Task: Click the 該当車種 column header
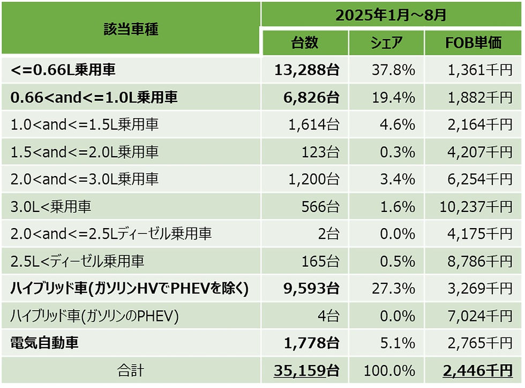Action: coord(131,30)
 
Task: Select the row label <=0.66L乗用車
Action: coord(63,69)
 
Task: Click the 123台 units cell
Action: coord(319,152)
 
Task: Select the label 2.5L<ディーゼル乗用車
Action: coord(77,261)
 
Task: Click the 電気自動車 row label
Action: coord(44,343)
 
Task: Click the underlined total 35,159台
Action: coord(306,371)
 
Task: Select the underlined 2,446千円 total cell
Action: coord(477,371)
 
